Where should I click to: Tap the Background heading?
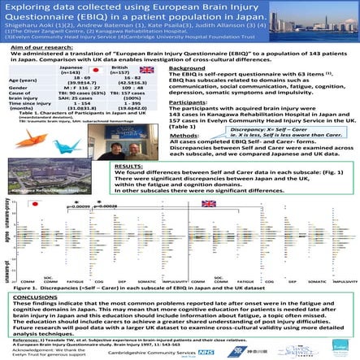tap(180, 71)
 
